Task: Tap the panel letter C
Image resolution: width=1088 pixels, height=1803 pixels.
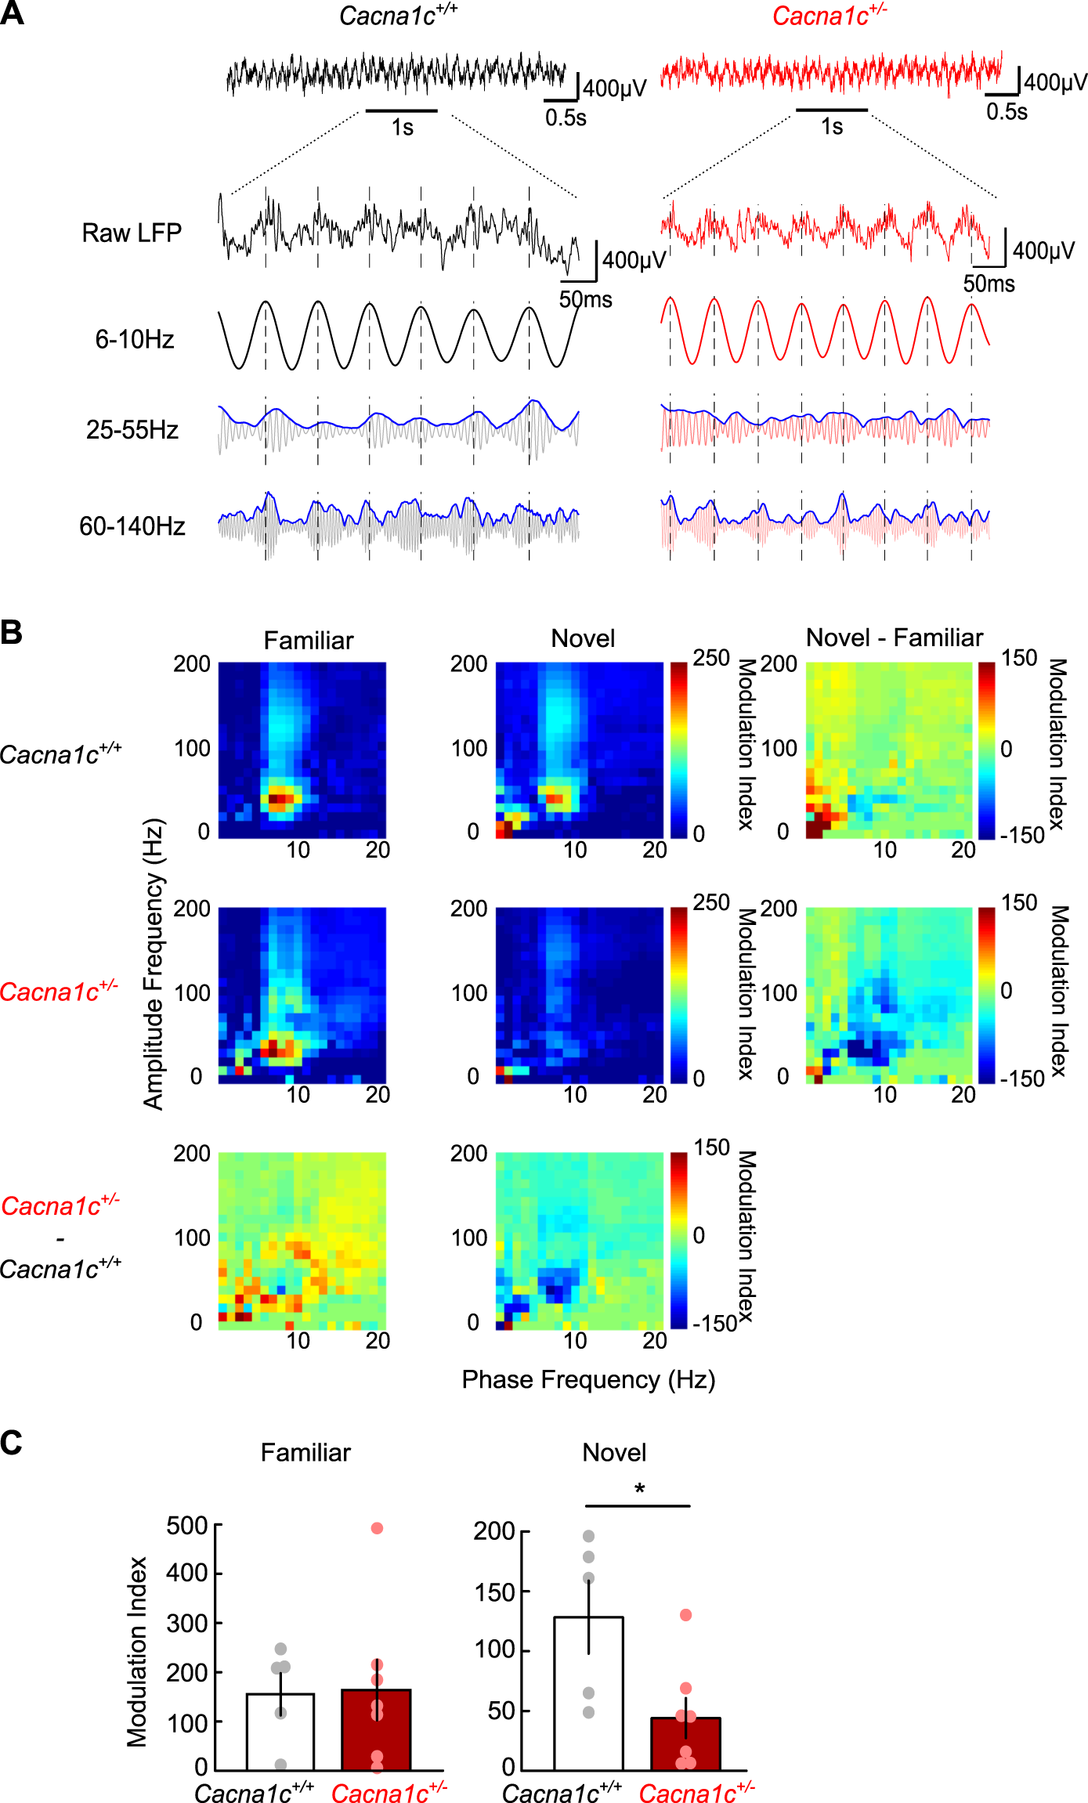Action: (12, 1443)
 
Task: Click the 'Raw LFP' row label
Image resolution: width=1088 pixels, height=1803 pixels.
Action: (132, 233)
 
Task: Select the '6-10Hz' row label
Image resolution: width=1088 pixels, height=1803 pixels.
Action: (135, 339)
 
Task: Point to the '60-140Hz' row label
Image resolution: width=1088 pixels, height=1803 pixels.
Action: (132, 526)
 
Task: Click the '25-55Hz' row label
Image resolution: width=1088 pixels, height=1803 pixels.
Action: (132, 429)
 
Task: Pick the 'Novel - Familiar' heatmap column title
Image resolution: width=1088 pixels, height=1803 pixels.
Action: (894, 638)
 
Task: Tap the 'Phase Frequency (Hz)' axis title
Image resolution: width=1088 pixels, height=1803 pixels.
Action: (588, 1379)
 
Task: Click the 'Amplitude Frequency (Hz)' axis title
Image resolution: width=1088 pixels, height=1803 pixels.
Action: (154, 963)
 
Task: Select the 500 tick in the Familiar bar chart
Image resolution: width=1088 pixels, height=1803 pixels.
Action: (187, 1526)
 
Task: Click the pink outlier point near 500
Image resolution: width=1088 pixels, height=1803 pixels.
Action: (377, 1528)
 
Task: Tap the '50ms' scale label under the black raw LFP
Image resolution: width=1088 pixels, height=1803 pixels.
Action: (585, 299)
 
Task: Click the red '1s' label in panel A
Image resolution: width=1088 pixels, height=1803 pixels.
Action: (832, 127)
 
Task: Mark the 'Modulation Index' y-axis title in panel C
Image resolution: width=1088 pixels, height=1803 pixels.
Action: (137, 1651)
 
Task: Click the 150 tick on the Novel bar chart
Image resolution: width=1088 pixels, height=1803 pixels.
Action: (495, 1592)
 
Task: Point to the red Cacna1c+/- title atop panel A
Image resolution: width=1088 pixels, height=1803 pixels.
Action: (829, 16)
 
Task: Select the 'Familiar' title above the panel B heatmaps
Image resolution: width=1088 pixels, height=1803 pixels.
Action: (308, 641)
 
